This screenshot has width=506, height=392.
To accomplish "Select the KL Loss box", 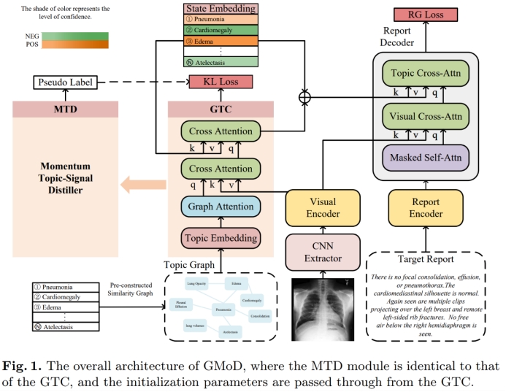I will tap(221, 82).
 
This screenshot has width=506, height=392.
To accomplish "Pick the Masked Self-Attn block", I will tap(426, 158).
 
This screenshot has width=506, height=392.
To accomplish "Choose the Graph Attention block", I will tap(221, 207).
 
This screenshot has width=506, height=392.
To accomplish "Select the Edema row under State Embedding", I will tap(221, 41).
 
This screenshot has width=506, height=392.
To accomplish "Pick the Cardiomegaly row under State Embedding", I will tap(221, 30).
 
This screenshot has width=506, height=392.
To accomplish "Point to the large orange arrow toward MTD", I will tap(143, 185).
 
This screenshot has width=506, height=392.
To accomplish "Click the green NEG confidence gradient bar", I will tap(69, 35).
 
